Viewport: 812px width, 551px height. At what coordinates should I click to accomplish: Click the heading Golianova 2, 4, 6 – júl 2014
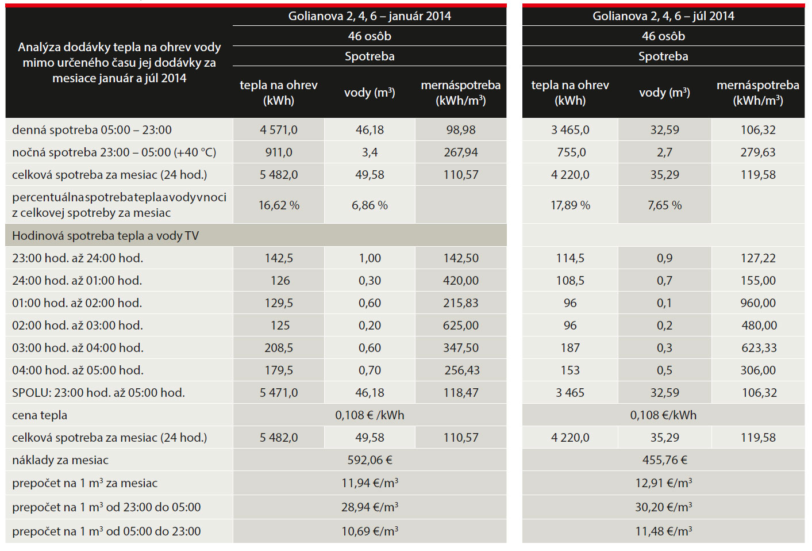click(663, 16)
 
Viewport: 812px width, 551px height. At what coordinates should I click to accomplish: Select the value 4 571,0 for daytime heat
click(279, 130)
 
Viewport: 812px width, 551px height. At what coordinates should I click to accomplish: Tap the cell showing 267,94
click(461, 152)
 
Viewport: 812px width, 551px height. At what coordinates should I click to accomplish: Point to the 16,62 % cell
click(279, 205)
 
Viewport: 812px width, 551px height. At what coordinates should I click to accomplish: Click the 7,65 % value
click(664, 205)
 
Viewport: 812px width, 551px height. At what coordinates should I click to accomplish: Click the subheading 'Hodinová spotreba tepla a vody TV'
click(105, 236)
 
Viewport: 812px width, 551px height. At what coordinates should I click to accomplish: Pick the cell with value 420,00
click(461, 281)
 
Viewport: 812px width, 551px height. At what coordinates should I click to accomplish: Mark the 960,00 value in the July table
click(758, 303)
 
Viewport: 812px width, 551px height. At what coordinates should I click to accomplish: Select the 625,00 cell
click(461, 326)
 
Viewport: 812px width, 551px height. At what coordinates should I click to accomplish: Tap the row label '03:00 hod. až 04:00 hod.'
click(78, 348)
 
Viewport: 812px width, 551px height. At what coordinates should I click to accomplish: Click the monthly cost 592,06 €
click(370, 460)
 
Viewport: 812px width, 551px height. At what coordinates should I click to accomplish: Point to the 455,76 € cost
click(664, 460)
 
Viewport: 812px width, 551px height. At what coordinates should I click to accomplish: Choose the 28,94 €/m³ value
click(370, 507)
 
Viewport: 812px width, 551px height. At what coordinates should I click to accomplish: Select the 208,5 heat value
click(279, 348)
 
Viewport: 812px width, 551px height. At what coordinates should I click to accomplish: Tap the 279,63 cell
click(758, 152)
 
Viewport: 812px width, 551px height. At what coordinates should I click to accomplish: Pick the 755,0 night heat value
click(570, 152)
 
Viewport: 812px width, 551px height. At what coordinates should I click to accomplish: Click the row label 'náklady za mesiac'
click(60, 460)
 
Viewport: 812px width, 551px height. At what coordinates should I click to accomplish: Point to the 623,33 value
click(758, 348)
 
